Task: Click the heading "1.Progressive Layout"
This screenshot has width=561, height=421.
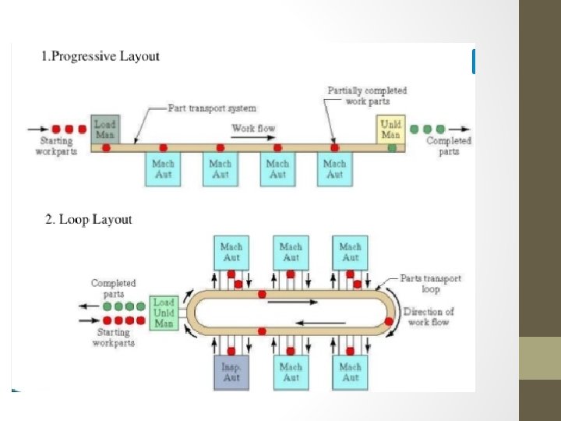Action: pyautogui.click(x=100, y=56)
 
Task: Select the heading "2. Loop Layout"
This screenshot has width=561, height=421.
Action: pyautogui.click(x=88, y=219)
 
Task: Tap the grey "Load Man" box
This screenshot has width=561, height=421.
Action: pyautogui.click(x=105, y=129)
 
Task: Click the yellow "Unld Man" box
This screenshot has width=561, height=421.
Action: pyautogui.click(x=390, y=129)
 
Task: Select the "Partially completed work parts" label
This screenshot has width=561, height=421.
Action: pyautogui.click(x=367, y=97)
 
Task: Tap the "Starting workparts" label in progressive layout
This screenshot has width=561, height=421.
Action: pyautogui.click(x=55, y=146)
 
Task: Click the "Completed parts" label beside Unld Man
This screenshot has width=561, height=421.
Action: pyautogui.click(x=449, y=146)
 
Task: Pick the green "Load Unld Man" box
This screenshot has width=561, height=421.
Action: pyautogui.click(x=164, y=313)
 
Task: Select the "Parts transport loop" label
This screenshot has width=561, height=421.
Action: pyautogui.click(x=430, y=283)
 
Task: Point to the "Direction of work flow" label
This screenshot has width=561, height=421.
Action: pyautogui.click(x=428, y=317)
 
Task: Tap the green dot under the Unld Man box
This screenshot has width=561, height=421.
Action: pyautogui.click(x=392, y=147)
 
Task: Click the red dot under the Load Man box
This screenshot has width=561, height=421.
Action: pyautogui.click(x=106, y=147)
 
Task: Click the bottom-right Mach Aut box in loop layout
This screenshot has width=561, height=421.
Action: pyautogui.click(x=350, y=372)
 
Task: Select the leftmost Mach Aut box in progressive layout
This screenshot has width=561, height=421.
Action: pyautogui.click(x=163, y=169)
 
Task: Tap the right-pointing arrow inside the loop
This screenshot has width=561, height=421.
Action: pyautogui.click(x=292, y=302)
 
